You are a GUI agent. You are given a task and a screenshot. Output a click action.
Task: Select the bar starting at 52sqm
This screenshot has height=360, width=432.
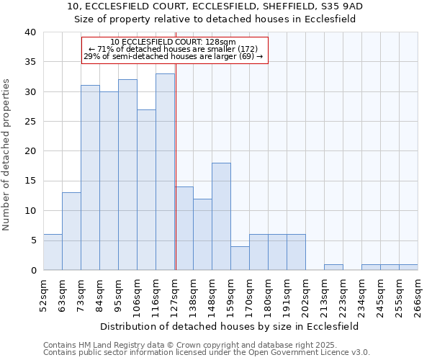coord(53,252)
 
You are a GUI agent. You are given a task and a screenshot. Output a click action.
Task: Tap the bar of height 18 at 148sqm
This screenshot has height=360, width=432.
coord(221,216)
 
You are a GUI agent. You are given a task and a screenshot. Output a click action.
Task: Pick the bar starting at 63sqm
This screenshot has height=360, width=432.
coord(71,231)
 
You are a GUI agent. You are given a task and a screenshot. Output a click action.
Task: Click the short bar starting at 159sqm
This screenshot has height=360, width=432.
coord(240,258)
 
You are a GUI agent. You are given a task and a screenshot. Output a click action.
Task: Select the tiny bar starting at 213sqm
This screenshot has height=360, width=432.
coord(333,267)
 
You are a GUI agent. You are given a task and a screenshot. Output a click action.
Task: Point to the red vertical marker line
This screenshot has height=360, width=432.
coord(176,166)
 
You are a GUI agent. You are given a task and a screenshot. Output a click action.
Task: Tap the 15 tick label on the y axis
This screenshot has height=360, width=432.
coord(30,181)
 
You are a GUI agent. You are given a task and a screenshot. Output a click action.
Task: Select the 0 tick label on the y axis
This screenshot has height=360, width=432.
coord(32,271)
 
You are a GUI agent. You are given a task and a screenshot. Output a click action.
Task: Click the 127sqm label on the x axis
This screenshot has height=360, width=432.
coord(175,296)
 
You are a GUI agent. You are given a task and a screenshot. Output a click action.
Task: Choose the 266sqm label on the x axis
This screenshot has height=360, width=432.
coord(418,296)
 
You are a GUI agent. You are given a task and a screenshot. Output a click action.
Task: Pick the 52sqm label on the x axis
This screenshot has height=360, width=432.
coord(44,296)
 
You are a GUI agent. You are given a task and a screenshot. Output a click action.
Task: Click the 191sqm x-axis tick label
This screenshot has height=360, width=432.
coord(287,296)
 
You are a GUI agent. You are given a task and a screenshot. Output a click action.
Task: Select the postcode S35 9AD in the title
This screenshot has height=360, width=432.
coord(339,6)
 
